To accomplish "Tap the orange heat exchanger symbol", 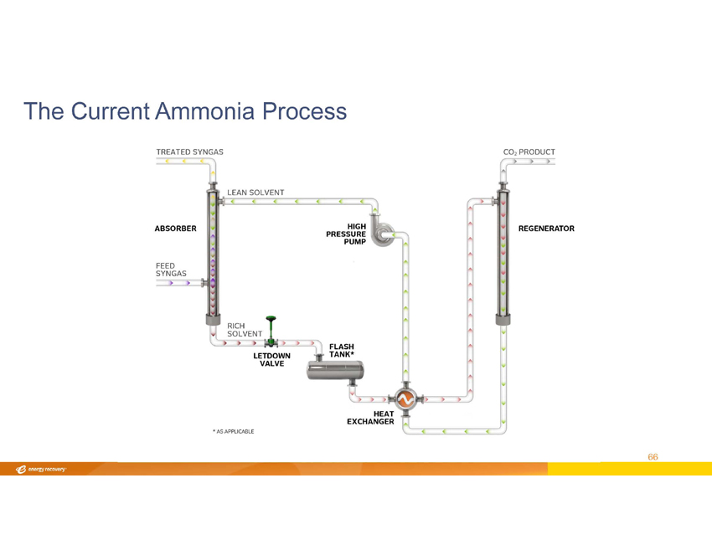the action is click(x=405, y=399).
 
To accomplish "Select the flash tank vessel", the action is click(x=335, y=370).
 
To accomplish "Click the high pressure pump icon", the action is click(x=381, y=230).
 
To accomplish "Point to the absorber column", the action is click(x=213, y=254).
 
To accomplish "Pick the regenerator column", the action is click(x=503, y=254).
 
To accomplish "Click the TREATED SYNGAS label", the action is click(x=190, y=152).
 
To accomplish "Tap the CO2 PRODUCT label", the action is click(x=529, y=152).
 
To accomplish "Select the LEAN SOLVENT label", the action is click(x=255, y=193).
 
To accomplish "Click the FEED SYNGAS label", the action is click(x=171, y=270).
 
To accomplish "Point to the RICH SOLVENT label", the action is click(x=245, y=330).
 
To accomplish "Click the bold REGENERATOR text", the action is click(x=546, y=229).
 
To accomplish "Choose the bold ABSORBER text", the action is click(x=175, y=229).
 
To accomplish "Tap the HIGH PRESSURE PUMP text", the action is click(x=346, y=234).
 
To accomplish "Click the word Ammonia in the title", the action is click(x=204, y=111).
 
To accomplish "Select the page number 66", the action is click(x=653, y=457).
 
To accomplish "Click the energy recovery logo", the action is click(x=41, y=470).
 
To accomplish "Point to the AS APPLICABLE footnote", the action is click(x=234, y=432).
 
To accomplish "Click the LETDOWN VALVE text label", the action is click(x=271, y=360).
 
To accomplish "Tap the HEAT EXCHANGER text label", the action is click(x=370, y=418).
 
